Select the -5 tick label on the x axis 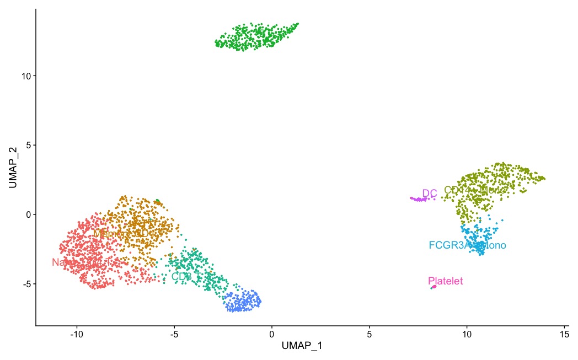pyautogui.click(x=174, y=334)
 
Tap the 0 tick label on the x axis pyautogui.click(x=271, y=334)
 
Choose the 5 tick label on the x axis pyautogui.click(x=369, y=334)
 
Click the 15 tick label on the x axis pyautogui.click(x=564, y=334)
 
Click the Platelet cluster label pyautogui.click(x=445, y=281)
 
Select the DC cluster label pyautogui.click(x=430, y=193)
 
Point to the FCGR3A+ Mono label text pyautogui.click(x=467, y=245)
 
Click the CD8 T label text pyautogui.click(x=184, y=276)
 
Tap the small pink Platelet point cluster pyautogui.click(x=433, y=287)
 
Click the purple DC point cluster pyautogui.click(x=419, y=199)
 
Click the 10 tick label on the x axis pyautogui.click(x=467, y=334)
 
